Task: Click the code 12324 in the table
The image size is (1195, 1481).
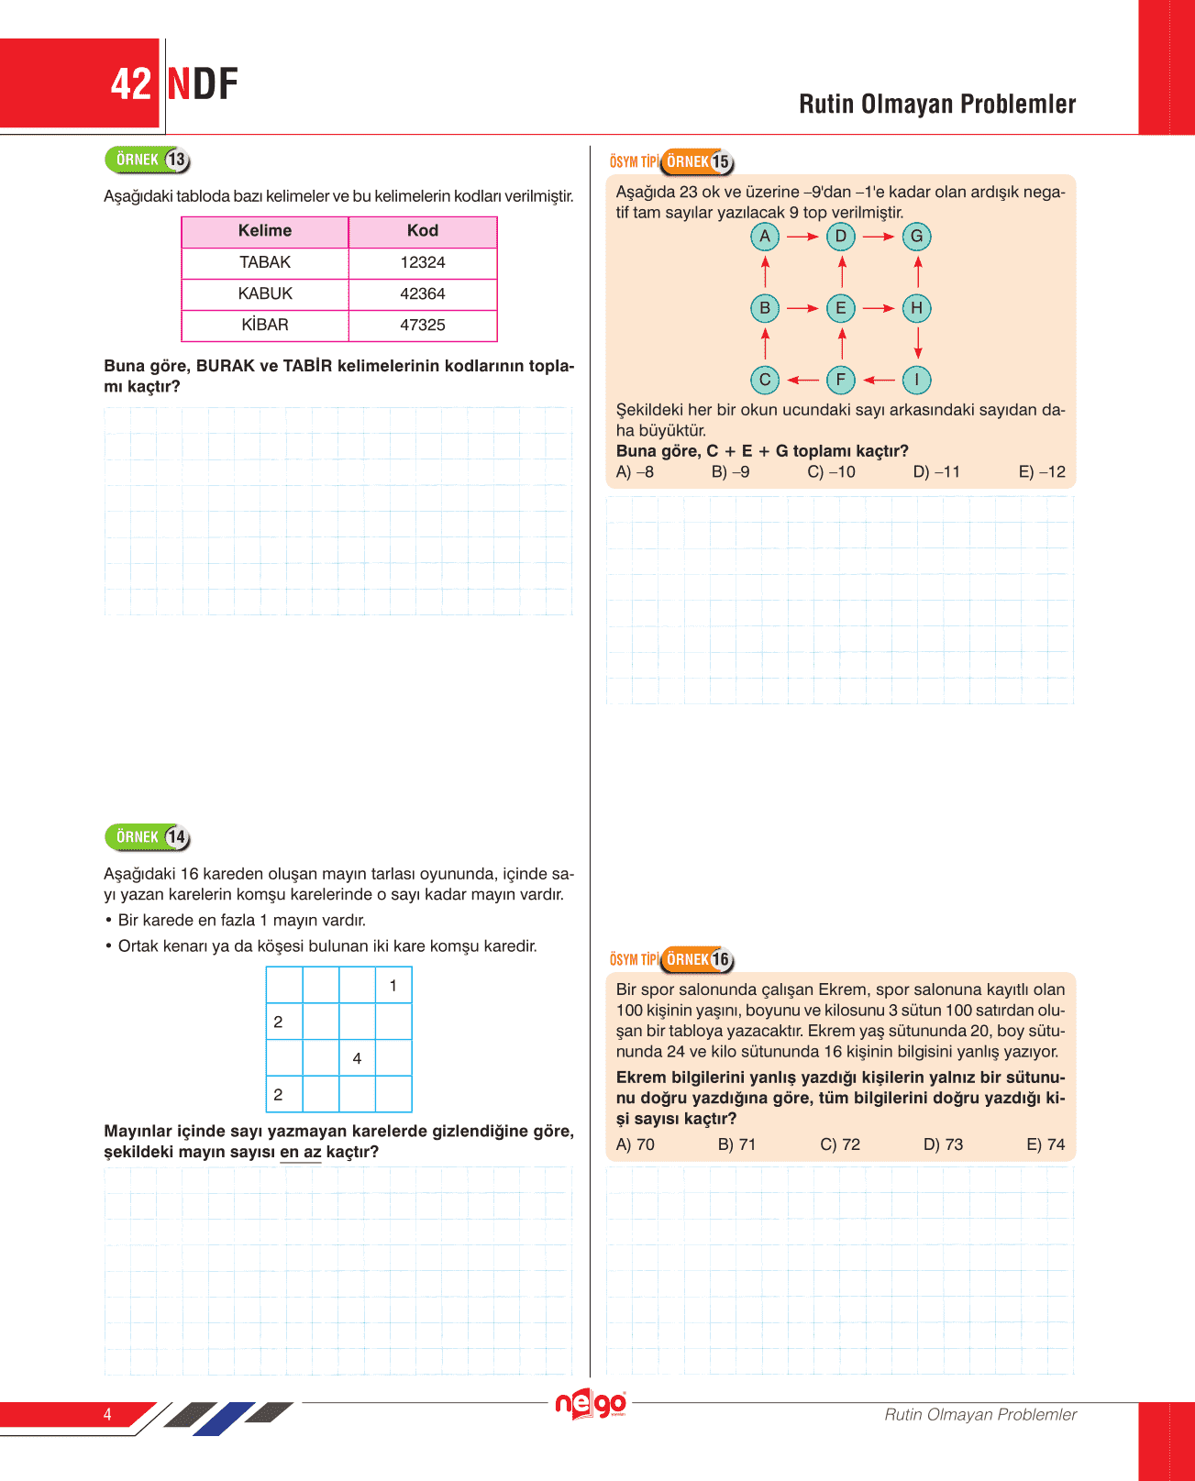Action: coord(423,262)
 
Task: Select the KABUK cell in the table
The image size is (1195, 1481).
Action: coord(265,293)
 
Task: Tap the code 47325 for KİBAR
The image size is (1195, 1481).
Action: coord(423,325)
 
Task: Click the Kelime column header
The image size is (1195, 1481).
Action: coord(265,231)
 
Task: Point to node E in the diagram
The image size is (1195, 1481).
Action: coord(841,308)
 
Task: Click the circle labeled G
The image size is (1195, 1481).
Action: coord(916,237)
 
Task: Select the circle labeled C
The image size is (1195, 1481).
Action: coord(765,380)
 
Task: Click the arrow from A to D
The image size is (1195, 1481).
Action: coord(802,237)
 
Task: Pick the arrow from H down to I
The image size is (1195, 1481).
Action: coord(917,343)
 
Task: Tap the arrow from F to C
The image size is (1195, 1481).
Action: coord(802,380)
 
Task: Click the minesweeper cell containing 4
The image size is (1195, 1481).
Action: coord(357,1058)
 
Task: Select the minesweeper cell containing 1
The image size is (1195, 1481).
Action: coord(393,986)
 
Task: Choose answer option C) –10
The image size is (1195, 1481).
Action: coord(831,472)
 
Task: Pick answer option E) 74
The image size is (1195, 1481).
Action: coord(1046,1144)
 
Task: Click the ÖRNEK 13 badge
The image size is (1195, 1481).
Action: coord(148,160)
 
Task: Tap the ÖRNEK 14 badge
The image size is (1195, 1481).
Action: coord(148,837)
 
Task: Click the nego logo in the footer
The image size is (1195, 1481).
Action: coord(592,1404)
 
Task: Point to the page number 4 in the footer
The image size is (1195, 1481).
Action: coord(107,1414)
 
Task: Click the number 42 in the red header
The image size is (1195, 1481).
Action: coord(130,84)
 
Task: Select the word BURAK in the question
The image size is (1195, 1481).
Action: coord(225,366)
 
